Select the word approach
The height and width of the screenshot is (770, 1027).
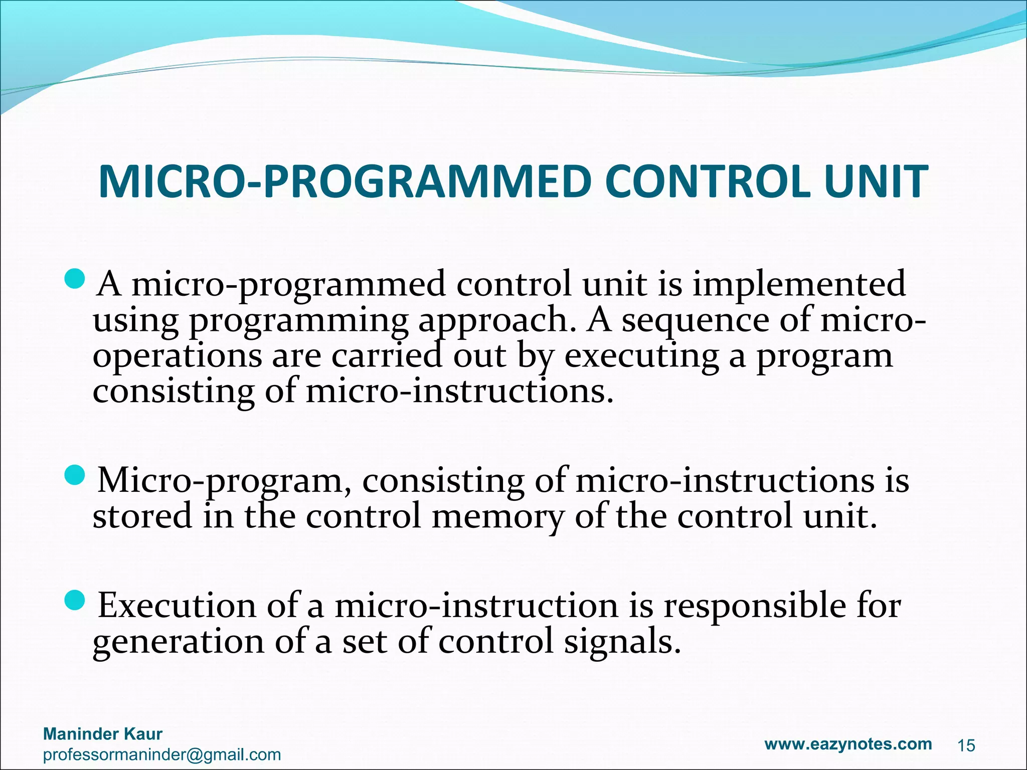[496, 321]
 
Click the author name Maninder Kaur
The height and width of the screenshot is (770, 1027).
[103, 734]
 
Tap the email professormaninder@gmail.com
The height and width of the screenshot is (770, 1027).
[162, 754]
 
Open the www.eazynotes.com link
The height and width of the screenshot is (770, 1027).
[848, 743]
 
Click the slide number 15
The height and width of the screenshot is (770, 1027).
[966, 746]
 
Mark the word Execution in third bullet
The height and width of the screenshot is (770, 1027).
[177, 606]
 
